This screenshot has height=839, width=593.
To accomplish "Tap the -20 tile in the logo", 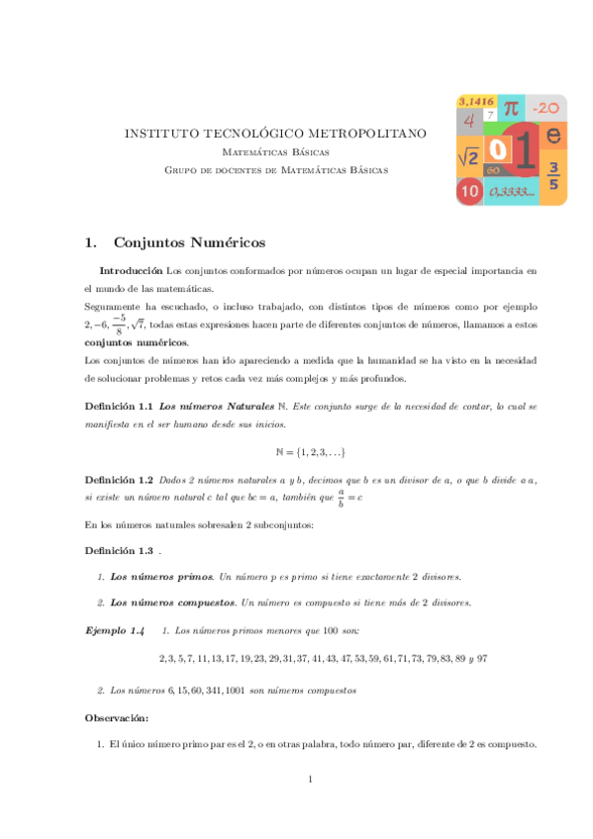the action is click(x=545, y=108).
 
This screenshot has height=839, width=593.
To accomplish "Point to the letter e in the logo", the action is click(x=553, y=135).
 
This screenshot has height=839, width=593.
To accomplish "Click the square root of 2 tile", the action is click(x=468, y=156).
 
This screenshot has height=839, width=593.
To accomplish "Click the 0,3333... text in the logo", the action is click(x=512, y=191).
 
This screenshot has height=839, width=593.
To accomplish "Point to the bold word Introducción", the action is click(x=131, y=270).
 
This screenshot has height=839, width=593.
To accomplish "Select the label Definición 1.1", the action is click(x=118, y=407).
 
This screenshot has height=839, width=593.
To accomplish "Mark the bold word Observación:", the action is click(x=117, y=717).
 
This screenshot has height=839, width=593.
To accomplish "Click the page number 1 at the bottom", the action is click(x=310, y=781).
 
